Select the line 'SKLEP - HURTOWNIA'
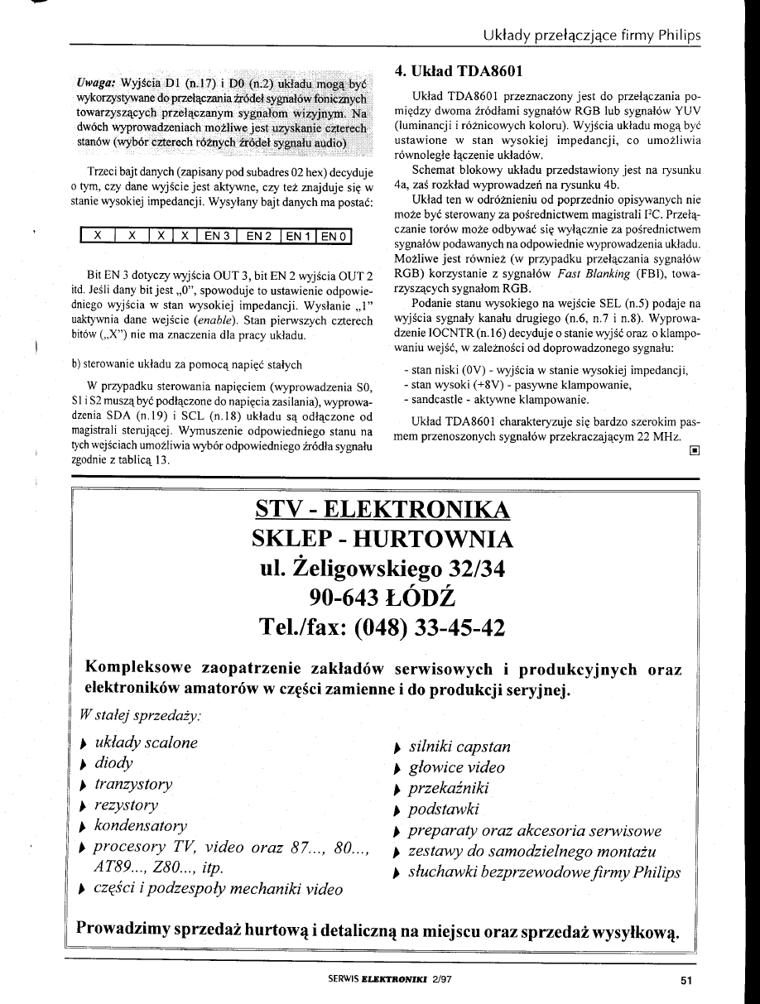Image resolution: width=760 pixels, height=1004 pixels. tap(382, 539)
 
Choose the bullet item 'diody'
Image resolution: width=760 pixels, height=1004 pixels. tap(113, 762)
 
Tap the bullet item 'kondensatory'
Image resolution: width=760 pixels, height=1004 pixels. tap(141, 826)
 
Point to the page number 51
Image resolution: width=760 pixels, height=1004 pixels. tap(685, 981)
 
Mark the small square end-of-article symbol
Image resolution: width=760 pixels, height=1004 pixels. tap(694, 453)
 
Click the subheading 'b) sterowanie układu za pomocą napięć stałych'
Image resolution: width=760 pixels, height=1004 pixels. tap(187, 363)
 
